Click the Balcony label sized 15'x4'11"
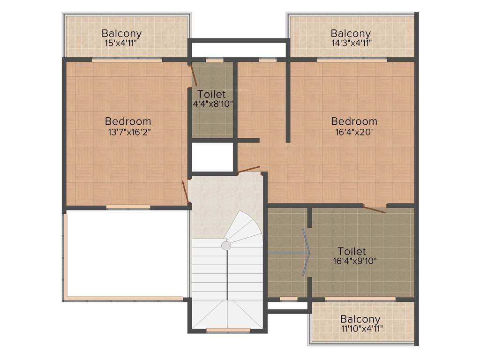[x=121, y=34]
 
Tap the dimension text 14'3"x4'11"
[x=351, y=43]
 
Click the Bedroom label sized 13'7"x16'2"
[x=128, y=121]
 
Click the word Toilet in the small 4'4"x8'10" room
[x=211, y=94]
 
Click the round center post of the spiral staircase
[x=226, y=246]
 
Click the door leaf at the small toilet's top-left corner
[x=193, y=75]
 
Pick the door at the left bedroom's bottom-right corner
[x=186, y=192]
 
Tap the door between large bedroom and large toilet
[x=375, y=209]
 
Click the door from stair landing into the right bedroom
[x=248, y=169]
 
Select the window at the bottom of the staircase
[x=228, y=330]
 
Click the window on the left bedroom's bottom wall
[x=128, y=207]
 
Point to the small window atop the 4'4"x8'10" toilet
[x=215, y=60]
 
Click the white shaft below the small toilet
[x=212, y=157]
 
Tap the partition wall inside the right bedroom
[x=288, y=100]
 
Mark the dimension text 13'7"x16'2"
[x=129, y=132]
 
